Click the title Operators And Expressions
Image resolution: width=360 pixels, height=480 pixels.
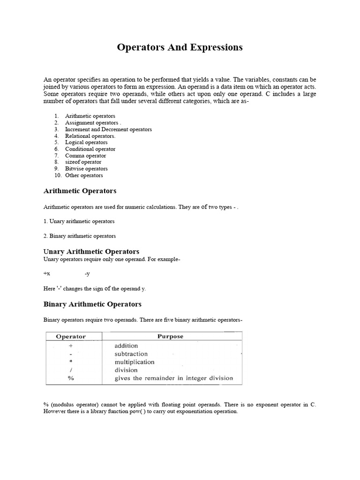point(180,47)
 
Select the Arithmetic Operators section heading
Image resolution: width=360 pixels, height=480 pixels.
point(80,191)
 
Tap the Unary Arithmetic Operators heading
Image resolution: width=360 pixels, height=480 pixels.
point(91,252)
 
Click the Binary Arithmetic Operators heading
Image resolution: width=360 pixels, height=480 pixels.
point(92,304)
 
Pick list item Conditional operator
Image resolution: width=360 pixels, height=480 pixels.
point(90,149)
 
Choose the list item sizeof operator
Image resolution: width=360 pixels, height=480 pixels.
point(83,162)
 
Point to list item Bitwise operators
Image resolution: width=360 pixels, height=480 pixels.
point(86,169)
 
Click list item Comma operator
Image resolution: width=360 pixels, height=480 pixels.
point(85,156)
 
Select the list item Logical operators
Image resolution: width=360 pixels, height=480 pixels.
point(86,142)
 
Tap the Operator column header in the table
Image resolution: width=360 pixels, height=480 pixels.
point(71,337)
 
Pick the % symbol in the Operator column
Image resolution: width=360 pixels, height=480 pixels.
point(71,378)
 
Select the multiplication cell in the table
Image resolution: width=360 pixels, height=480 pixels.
point(134,362)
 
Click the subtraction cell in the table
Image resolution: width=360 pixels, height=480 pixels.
point(131,354)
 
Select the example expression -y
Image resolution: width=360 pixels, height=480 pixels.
point(87,273)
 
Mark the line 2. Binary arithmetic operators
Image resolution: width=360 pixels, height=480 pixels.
point(79,236)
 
